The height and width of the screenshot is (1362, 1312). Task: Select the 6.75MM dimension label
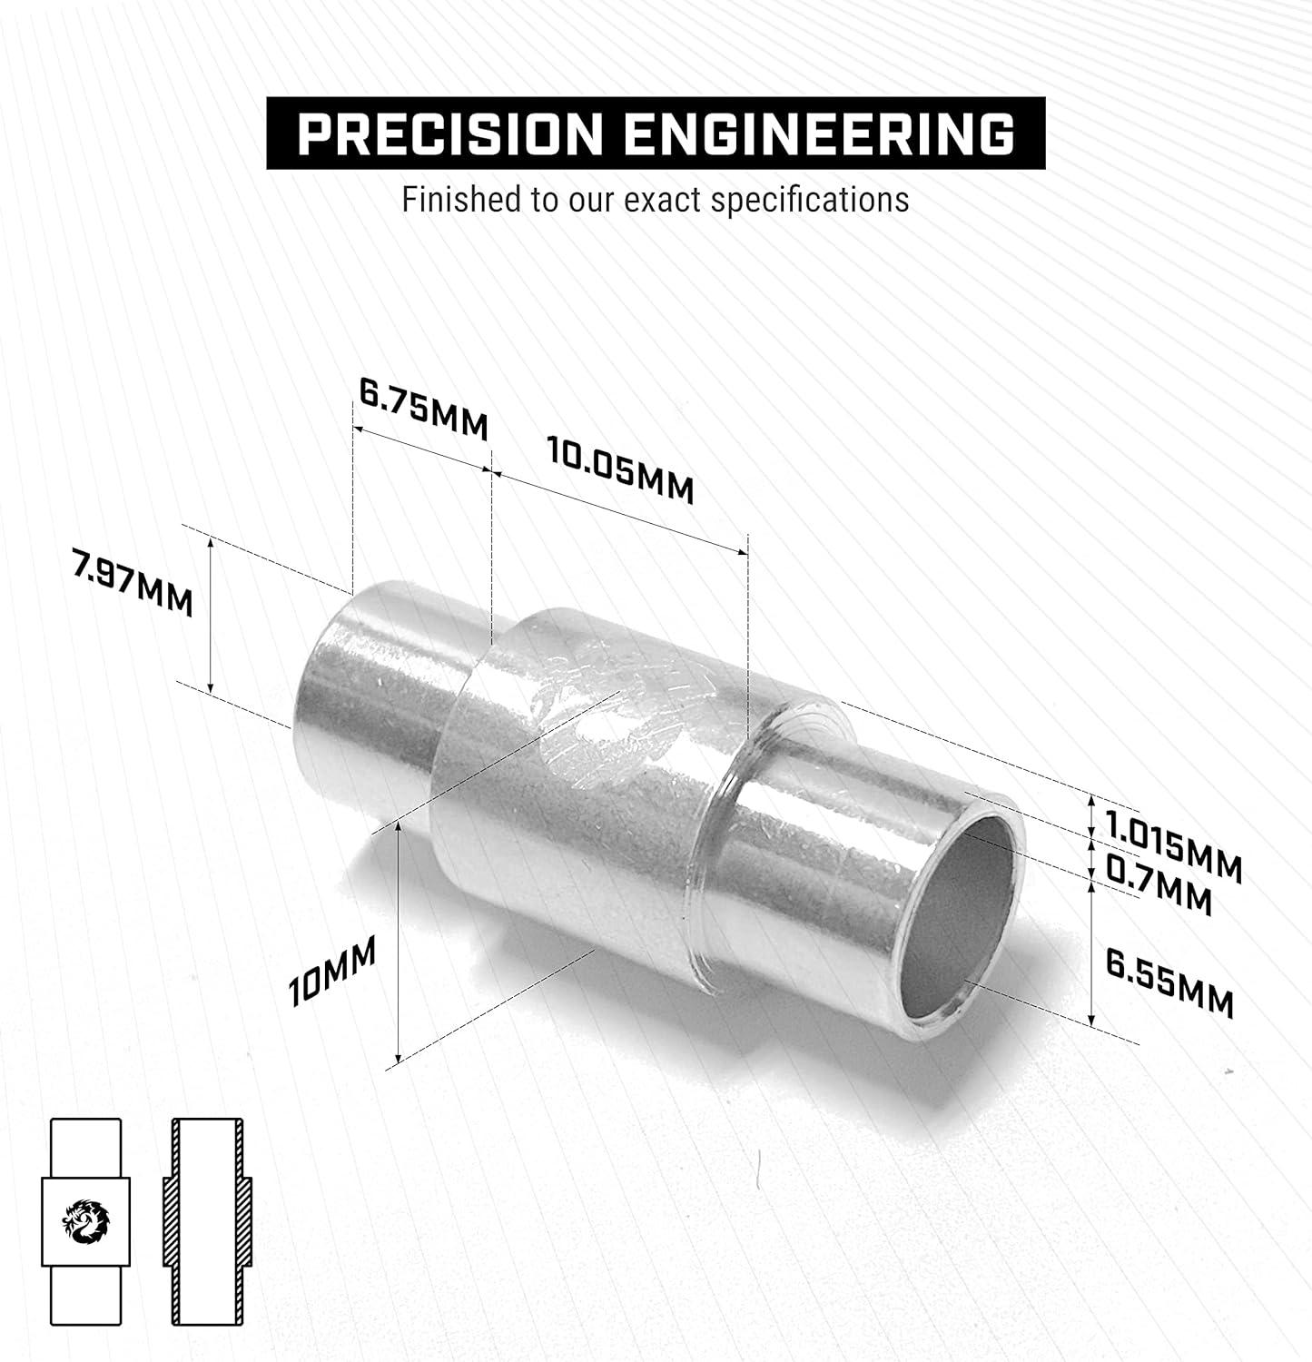[423, 410]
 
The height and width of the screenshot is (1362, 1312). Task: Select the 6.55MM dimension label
[1169, 982]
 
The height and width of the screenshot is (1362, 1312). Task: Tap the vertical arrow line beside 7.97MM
[211, 614]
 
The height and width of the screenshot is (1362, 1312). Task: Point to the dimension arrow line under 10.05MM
[617, 509]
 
